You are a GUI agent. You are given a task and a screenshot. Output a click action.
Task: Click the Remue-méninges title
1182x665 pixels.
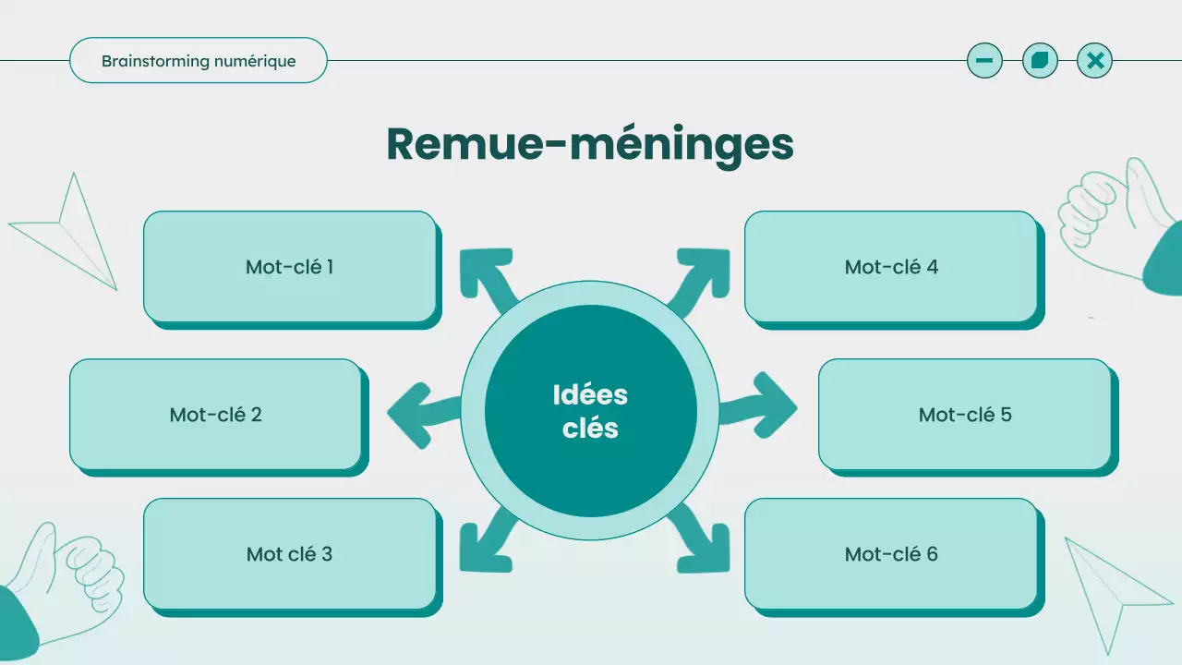(589, 144)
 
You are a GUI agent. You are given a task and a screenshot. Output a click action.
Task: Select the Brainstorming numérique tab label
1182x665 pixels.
(199, 61)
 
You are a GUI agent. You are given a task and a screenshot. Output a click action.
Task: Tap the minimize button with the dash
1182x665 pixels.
(984, 61)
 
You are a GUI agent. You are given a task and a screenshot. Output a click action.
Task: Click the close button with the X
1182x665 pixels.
(1095, 61)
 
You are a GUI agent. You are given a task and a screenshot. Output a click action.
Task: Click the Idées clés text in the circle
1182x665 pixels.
(590, 411)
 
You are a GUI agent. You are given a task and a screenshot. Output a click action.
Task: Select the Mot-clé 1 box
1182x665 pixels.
(289, 267)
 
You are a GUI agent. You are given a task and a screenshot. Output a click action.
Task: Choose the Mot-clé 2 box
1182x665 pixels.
(215, 415)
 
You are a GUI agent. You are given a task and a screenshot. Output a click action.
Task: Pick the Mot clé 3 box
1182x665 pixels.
(289, 554)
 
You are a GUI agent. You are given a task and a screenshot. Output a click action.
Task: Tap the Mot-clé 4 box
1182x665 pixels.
(891, 267)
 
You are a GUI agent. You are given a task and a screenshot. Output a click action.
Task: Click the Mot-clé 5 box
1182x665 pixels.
(965, 415)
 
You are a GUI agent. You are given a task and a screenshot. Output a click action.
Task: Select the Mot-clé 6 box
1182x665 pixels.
(891, 554)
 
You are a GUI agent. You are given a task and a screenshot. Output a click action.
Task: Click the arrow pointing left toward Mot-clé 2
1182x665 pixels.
(420, 411)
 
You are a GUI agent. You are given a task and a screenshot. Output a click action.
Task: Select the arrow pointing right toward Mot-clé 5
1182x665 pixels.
(761, 406)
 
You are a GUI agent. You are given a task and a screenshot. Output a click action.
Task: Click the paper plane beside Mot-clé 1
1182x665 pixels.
(69, 231)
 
